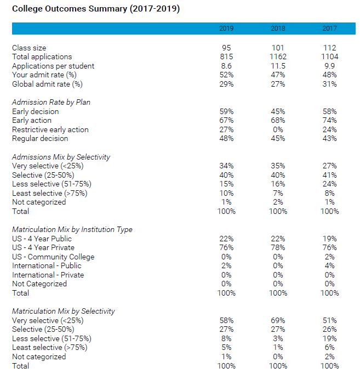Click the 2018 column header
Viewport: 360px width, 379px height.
(278, 29)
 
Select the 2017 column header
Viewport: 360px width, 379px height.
(329, 29)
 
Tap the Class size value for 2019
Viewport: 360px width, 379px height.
(226, 48)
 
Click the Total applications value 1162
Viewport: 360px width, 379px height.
(278, 56)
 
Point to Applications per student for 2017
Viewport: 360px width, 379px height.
(329, 66)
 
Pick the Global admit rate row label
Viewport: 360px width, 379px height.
(47, 84)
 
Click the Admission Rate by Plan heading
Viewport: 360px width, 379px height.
(51, 102)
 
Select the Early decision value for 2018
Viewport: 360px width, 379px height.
(278, 111)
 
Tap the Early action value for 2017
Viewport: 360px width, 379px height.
(329, 120)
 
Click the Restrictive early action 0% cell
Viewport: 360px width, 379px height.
(278, 129)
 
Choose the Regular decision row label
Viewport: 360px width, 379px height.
(40, 139)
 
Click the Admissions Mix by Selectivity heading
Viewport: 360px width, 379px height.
(61, 157)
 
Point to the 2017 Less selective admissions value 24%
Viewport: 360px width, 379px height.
(329, 184)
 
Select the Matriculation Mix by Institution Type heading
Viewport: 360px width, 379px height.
(72, 229)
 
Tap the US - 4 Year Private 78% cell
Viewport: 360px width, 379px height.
(278, 247)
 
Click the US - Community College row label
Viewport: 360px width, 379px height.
(53, 257)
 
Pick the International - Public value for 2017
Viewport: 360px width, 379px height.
(329, 265)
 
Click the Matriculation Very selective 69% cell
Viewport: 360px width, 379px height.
(278, 320)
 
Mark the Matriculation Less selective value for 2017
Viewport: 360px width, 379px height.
(329, 338)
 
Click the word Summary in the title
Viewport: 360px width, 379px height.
(108, 9)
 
